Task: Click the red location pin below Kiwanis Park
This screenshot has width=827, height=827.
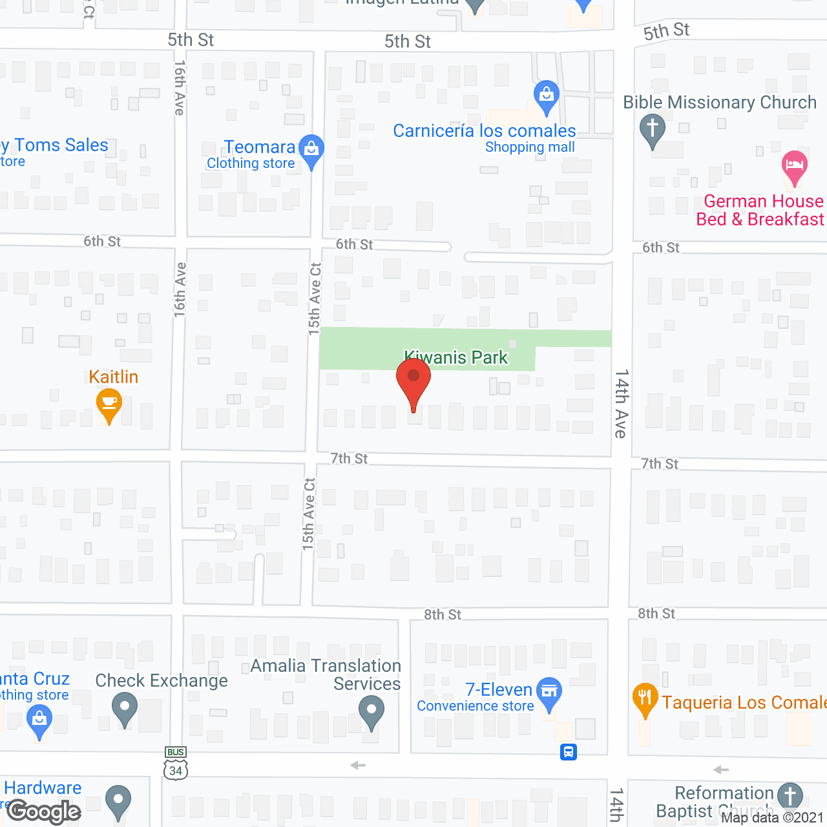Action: [x=413, y=381]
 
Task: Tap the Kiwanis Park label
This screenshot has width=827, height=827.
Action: [x=456, y=357]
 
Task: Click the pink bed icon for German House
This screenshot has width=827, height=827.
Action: [x=794, y=165]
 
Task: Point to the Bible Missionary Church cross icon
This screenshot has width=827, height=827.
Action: [x=653, y=128]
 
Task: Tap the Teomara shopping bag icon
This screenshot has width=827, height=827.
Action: [x=312, y=149]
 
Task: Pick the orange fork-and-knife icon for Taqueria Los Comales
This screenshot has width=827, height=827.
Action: [x=645, y=698]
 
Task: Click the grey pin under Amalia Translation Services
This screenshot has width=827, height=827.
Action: [x=372, y=712]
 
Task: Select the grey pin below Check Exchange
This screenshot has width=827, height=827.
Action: [x=125, y=707]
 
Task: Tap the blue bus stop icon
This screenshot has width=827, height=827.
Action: [x=569, y=752]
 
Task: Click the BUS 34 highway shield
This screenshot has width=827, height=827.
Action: [x=176, y=765]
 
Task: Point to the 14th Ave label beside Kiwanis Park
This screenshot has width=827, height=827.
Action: [x=621, y=404]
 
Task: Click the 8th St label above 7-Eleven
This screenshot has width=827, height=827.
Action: [x=443, y=614]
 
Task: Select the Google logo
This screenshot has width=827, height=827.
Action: [x=44, y=811]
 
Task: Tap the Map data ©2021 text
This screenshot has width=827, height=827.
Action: [x=772, y=817]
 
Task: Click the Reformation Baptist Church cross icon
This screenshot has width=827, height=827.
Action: [x=790, y=795]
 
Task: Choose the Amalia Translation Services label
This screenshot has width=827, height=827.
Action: [x=326, y=675]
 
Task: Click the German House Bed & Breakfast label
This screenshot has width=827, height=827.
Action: [x=760, y=210]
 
